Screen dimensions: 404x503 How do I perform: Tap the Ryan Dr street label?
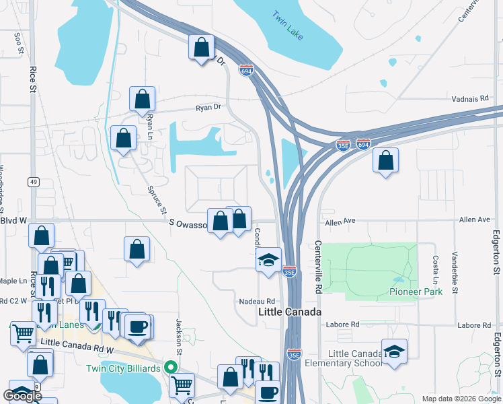pyautogui.click(x=208, y=107)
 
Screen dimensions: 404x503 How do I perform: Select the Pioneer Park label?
pyautogui.click(x=416, y=292)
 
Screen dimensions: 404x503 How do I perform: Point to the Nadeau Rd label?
pyautogui.click(x=258, y=301)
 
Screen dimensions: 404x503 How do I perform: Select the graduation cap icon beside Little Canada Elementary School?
pyautogui.click(x=394, y=351)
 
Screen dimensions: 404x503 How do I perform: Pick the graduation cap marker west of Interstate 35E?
pyautogui.click(x=268, y=261)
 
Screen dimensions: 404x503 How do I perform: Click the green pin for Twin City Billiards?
pyautogui.click(x=171, y=368)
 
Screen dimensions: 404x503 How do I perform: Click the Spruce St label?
pyautogui.click(x=158, y=201)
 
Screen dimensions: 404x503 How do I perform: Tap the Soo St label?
pyautogui.click(x=18, y=41)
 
